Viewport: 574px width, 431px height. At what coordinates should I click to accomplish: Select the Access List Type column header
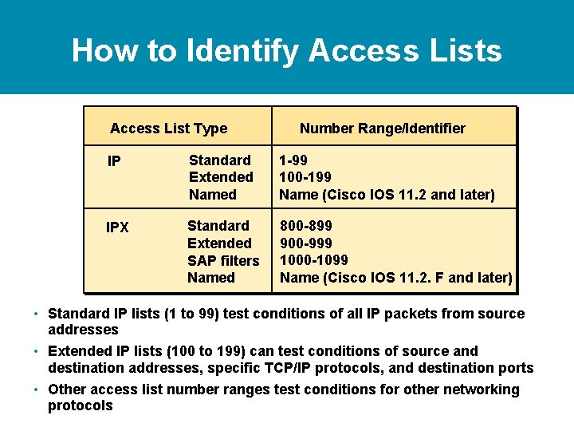point(168,129)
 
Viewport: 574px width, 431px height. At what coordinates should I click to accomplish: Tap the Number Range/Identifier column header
point(382,129)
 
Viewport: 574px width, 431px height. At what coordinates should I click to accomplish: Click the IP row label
point(114,162)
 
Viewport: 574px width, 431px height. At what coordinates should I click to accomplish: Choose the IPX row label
point(117,227)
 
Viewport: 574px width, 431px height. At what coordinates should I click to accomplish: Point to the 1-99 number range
point(293,160)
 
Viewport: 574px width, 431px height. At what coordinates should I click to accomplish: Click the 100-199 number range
point(305,177)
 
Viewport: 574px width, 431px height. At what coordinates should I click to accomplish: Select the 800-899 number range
point(306,226)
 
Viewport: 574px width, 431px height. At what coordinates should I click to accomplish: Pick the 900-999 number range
point(306,243)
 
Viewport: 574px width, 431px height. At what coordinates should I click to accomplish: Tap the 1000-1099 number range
point(314,260)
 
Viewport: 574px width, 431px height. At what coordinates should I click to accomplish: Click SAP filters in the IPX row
point(223,261)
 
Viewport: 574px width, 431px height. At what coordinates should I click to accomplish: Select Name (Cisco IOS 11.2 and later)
point(387,195)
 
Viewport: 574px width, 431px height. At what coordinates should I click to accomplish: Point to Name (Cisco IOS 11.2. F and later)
point(395,278)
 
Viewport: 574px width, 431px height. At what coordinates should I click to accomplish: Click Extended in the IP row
point(221,177)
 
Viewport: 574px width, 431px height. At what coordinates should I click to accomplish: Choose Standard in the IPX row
point(218,226)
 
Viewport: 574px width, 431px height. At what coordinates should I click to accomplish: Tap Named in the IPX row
point(210,278)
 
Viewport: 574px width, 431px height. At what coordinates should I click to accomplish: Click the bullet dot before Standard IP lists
point(38,313)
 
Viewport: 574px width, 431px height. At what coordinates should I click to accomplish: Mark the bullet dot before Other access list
point(38,389)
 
